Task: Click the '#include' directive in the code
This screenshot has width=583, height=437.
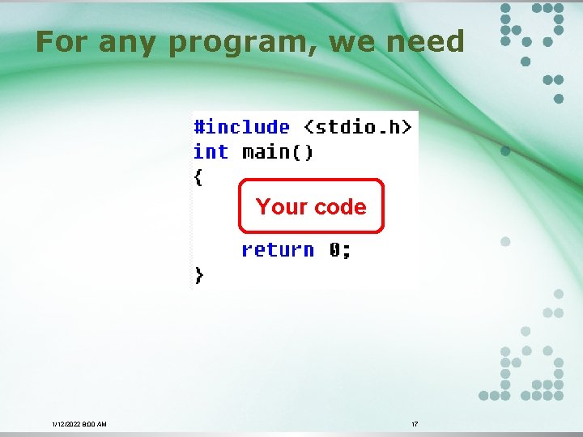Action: click(241, 127)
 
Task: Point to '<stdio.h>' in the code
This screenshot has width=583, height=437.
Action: click(357, 127)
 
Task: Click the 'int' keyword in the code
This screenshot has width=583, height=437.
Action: click(211, 152)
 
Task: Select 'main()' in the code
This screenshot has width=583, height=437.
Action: click(278, 152)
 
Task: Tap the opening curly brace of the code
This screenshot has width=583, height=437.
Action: click(198, 177)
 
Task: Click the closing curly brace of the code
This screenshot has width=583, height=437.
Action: click(199, 275)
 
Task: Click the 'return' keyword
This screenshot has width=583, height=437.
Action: click(278, 250)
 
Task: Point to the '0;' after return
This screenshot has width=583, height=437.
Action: click(340, 250)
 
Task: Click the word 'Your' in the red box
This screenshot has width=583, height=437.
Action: click(278, 207)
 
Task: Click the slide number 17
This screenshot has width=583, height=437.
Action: click(415, 424)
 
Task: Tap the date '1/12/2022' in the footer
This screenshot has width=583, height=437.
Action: click(66, 424)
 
